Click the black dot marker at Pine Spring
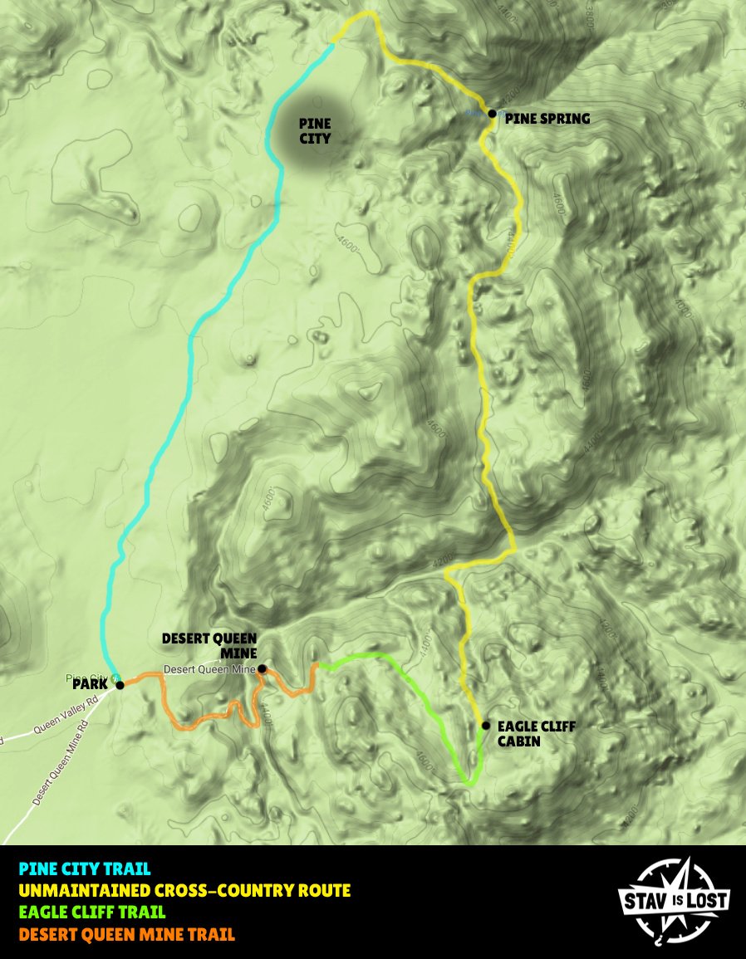[492, 113]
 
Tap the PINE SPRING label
[547, 119]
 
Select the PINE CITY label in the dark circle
[315, 131]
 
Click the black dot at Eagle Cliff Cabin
[485, 725]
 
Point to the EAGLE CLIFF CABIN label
[536, 733]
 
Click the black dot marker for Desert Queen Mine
[262, 668]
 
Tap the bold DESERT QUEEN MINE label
[209, 645]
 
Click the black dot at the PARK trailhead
[120, 685]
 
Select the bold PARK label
[90, 685]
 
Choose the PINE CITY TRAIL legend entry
[85, 869]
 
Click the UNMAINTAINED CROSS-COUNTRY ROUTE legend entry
[184, 891]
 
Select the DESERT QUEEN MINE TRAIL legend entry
[127, 934]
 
